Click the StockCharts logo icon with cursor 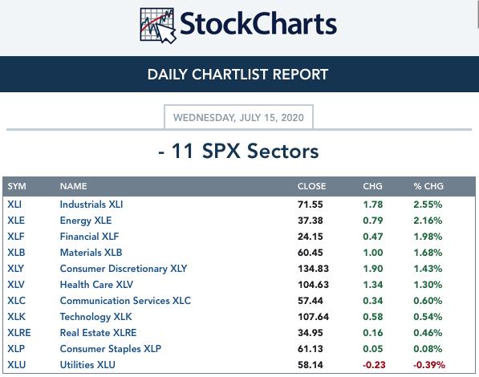(x=157, y=26)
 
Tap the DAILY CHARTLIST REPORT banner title (x=237, y=75)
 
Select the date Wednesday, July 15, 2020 (x=238, y=117)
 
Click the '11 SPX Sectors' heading (x=238, y=151)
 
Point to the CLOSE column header (x=311, y=186)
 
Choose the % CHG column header (x=428, y=186)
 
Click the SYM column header (x=17, y=186)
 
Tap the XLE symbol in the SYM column (x=16, y=221)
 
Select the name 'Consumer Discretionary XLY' (x=124, y=269)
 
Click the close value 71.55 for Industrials (x=310, y=205)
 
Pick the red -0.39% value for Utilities (x=429, y=365)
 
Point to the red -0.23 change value (x=374, y=365)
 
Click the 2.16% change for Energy (x=428, y=221)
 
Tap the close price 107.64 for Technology (x=313, y=317)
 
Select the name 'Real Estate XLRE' (x=98, y=333)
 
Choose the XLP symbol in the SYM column (x=16, y=349)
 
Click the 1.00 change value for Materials (x=373, y=253)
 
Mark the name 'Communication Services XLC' (x=125, y=301)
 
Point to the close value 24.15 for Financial (x=310, y=237)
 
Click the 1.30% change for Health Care (x=428, y=285)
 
